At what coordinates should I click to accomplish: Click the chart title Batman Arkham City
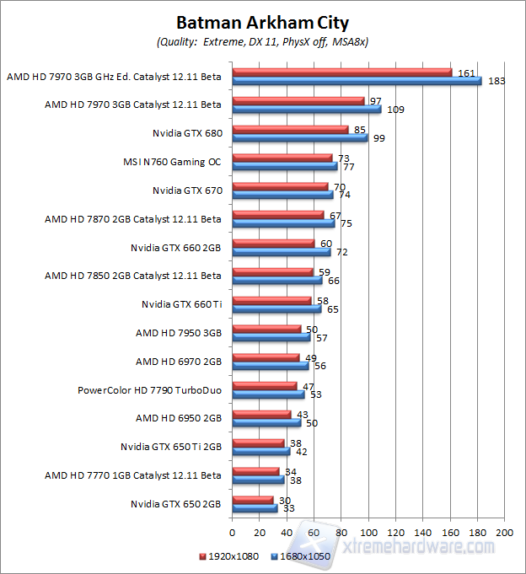(x=261, y=23)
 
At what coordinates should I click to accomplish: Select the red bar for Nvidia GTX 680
(x=289, y=129)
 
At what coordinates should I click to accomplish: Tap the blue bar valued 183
(x=356, y=81)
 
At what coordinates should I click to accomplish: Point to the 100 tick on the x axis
(x=368, y=533)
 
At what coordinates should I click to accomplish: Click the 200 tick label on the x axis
(x=504, y=533)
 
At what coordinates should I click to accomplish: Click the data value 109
(x=394, y=110)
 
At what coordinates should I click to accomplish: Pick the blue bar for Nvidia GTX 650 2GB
(x=254, y=508)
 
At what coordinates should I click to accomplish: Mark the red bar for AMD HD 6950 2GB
(x=260, y=415)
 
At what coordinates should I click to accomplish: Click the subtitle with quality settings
(x=262, y=41)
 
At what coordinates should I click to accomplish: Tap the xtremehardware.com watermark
(x=425, y=548)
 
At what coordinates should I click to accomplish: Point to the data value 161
(x=464, y=72)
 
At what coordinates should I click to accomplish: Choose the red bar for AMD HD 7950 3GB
(x=266, y=329)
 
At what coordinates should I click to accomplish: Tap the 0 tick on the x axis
(x=232, y=533)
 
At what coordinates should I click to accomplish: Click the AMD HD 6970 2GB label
(x=179, y=362)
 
